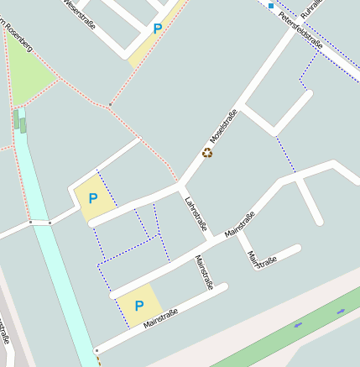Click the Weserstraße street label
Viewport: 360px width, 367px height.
coord(80,14)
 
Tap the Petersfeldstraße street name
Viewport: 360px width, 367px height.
coord(300,29)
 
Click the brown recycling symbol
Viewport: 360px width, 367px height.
coord(207,153)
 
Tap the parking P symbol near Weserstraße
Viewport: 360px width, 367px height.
coord(157,29)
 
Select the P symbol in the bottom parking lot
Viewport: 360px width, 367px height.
coord(139,306)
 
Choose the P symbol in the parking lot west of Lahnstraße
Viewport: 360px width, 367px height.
coord(93,198)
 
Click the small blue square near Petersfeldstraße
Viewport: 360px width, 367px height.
coord(271,5)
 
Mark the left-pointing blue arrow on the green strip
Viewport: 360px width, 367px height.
coord(299,324)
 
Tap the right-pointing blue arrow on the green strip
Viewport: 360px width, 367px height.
coord(341,312)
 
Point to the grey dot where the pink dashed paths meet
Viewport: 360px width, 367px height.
coord(109,105)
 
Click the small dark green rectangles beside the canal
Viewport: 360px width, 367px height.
coord(19,123)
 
